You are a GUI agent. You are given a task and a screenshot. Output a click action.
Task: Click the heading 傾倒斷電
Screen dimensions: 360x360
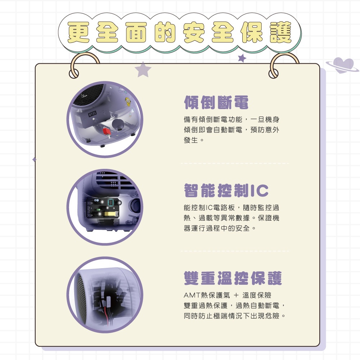(216, 102)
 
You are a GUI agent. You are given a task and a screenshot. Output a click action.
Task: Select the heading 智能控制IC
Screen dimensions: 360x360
(226, 190)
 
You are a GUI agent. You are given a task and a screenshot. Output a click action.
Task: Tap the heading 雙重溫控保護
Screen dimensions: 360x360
(233, 278)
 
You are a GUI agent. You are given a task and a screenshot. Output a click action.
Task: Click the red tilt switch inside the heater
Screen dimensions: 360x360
(106, 131)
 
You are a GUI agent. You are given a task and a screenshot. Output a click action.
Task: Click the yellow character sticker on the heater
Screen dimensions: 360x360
(128, 102)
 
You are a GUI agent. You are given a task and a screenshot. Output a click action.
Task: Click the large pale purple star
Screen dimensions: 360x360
(143, 69)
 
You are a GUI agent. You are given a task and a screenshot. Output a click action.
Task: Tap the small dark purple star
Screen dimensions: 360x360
(242, 58)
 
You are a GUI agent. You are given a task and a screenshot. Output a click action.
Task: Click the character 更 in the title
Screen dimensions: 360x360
(78, 32)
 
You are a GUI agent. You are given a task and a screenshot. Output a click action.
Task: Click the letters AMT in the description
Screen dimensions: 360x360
(192, 295)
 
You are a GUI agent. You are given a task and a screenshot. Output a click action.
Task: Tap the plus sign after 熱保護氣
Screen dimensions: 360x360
(236, 295)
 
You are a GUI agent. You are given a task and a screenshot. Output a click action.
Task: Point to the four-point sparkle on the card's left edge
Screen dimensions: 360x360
(34, 159)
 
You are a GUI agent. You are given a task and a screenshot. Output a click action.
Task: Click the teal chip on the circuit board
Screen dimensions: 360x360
(111, 202)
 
